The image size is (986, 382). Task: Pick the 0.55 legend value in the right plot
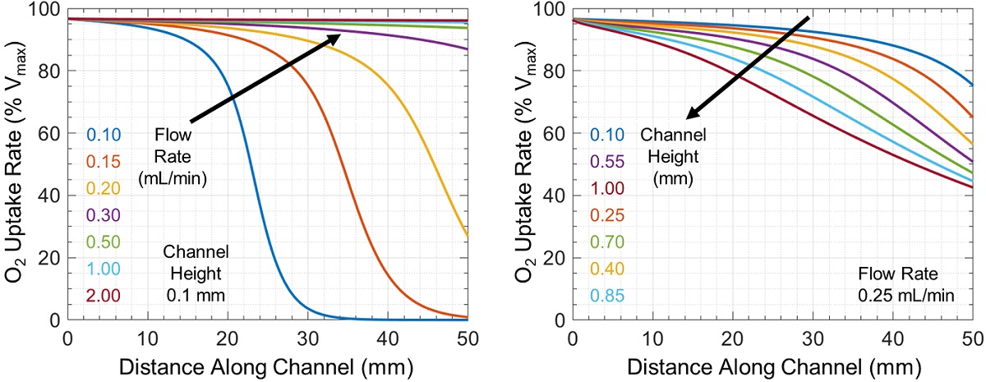(x=606, y=161)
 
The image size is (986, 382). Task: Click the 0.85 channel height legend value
(x=606, y=295)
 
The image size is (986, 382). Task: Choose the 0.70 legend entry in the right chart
(x=606, y=242)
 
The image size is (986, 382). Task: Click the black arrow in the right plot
(x=748, y=67)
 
